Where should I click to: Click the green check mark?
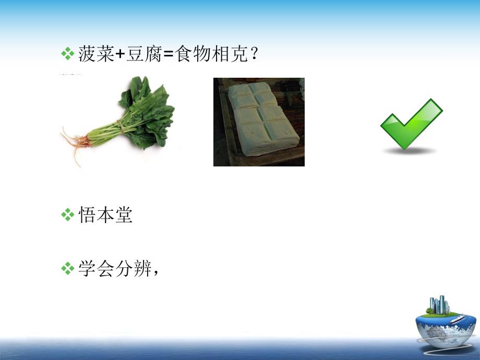(411, 124)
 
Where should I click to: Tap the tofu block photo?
(259, 122)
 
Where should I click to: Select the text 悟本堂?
(105, 215)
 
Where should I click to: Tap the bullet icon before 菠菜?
(68, 54)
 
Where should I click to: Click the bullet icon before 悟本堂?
(68, 215)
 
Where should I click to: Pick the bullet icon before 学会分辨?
(68, 269)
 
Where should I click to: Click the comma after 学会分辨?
(155, 273)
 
